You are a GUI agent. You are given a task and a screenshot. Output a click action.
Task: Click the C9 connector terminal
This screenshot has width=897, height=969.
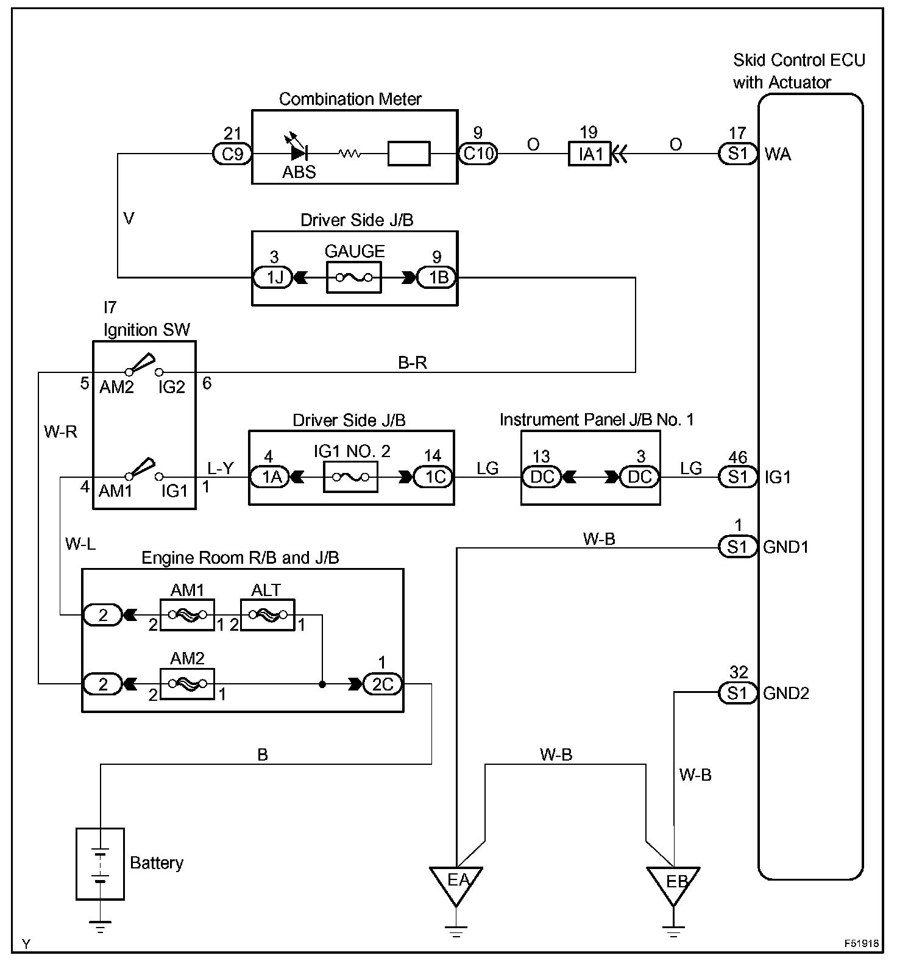pos(232,154)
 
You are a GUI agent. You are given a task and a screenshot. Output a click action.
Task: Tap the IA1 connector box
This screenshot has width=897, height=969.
pos(589,154)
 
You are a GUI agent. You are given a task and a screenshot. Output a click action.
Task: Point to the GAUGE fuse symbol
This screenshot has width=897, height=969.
pos(354,278)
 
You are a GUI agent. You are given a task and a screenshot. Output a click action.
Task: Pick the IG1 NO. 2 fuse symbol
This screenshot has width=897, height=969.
pos(350,477)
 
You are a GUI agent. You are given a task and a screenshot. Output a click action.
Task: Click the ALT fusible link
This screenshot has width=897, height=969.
pos(268,615)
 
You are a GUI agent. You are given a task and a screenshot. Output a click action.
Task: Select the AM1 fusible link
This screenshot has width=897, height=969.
pos(186,615)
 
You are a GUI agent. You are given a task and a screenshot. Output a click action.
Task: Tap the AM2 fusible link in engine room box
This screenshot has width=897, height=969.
pos(186,684)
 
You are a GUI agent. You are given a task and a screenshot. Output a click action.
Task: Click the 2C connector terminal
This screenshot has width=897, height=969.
pos(382,684)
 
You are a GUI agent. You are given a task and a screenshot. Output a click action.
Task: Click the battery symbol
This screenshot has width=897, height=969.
pos(101,864)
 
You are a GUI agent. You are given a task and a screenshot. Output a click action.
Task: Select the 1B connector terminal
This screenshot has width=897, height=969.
pos(437,278)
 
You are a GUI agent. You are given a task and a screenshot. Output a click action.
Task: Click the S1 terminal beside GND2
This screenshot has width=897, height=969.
pos(737,693)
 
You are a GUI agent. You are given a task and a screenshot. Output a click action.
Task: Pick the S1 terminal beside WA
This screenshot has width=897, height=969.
pos(737,154)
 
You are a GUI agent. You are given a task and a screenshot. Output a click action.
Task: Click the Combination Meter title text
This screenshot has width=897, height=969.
pos(350,99)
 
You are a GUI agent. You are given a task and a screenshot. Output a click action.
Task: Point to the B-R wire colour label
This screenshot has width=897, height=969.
pos(413,363)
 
